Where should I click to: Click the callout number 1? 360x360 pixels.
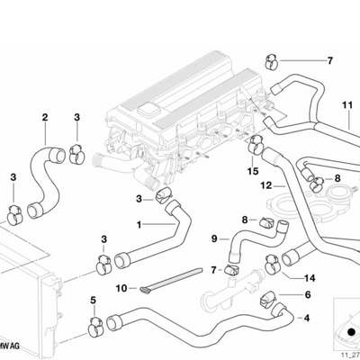point(139,224)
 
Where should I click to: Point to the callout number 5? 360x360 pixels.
point(92,300)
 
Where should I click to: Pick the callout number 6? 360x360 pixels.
point(307,294)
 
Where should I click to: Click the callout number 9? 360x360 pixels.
point(214,238)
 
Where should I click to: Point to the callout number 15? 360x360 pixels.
point(254,169)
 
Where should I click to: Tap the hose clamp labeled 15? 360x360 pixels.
point(256,141)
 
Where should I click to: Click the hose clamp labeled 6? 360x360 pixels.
point(267,299)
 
